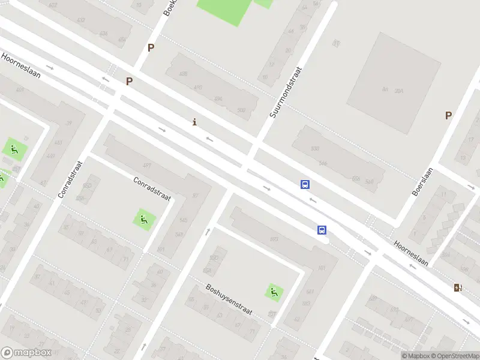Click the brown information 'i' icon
tap(194, 122)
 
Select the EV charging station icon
tap(458, 287)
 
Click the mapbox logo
tap(26, 353)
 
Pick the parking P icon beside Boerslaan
tap(448, 115)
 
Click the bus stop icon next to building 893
tap(322, 230)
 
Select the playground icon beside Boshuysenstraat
tap(274, 292)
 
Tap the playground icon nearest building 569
tap(143, 220)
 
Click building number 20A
tap(399, 91)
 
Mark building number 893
tap(274, 239)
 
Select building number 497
tap(146, 165)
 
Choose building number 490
tap(197, 87)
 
